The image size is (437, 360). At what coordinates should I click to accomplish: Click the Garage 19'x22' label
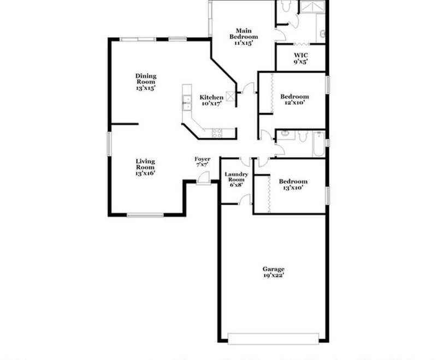tap(274, 272)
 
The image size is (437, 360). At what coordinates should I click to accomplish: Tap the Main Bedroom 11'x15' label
tap(244, 37)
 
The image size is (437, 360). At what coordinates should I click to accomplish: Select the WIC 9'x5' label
tap(301, 58)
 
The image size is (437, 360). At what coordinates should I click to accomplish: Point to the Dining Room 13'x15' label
tap(146, 82)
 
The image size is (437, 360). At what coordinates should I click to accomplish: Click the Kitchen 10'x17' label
tap(211, 101)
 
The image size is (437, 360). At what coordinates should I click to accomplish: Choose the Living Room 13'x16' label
tap(145, 167)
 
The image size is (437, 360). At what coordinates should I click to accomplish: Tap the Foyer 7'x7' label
tap(202, 162)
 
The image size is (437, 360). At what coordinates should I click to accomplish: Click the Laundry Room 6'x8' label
tap(237, 180)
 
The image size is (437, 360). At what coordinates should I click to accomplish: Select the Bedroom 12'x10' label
tap(294, 99)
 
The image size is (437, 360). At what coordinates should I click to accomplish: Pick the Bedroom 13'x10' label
tap(293, 185)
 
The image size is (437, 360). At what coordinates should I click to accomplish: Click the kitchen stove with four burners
tap(217, 133)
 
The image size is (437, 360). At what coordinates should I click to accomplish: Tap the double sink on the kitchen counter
tap(187, 103)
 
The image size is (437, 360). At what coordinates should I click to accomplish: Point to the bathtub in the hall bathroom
tap(318, 144)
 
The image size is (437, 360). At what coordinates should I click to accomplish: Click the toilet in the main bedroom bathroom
tap(285, 6)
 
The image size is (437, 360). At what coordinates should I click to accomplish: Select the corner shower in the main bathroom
tap(312, 7)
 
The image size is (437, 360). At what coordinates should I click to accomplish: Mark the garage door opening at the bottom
tap(273, 339)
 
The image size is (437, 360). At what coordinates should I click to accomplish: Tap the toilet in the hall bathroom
tap(303, 137)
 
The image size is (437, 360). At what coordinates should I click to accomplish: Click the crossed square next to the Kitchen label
tap(231, 96)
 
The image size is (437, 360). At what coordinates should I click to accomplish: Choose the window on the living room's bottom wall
tap(145, 215)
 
